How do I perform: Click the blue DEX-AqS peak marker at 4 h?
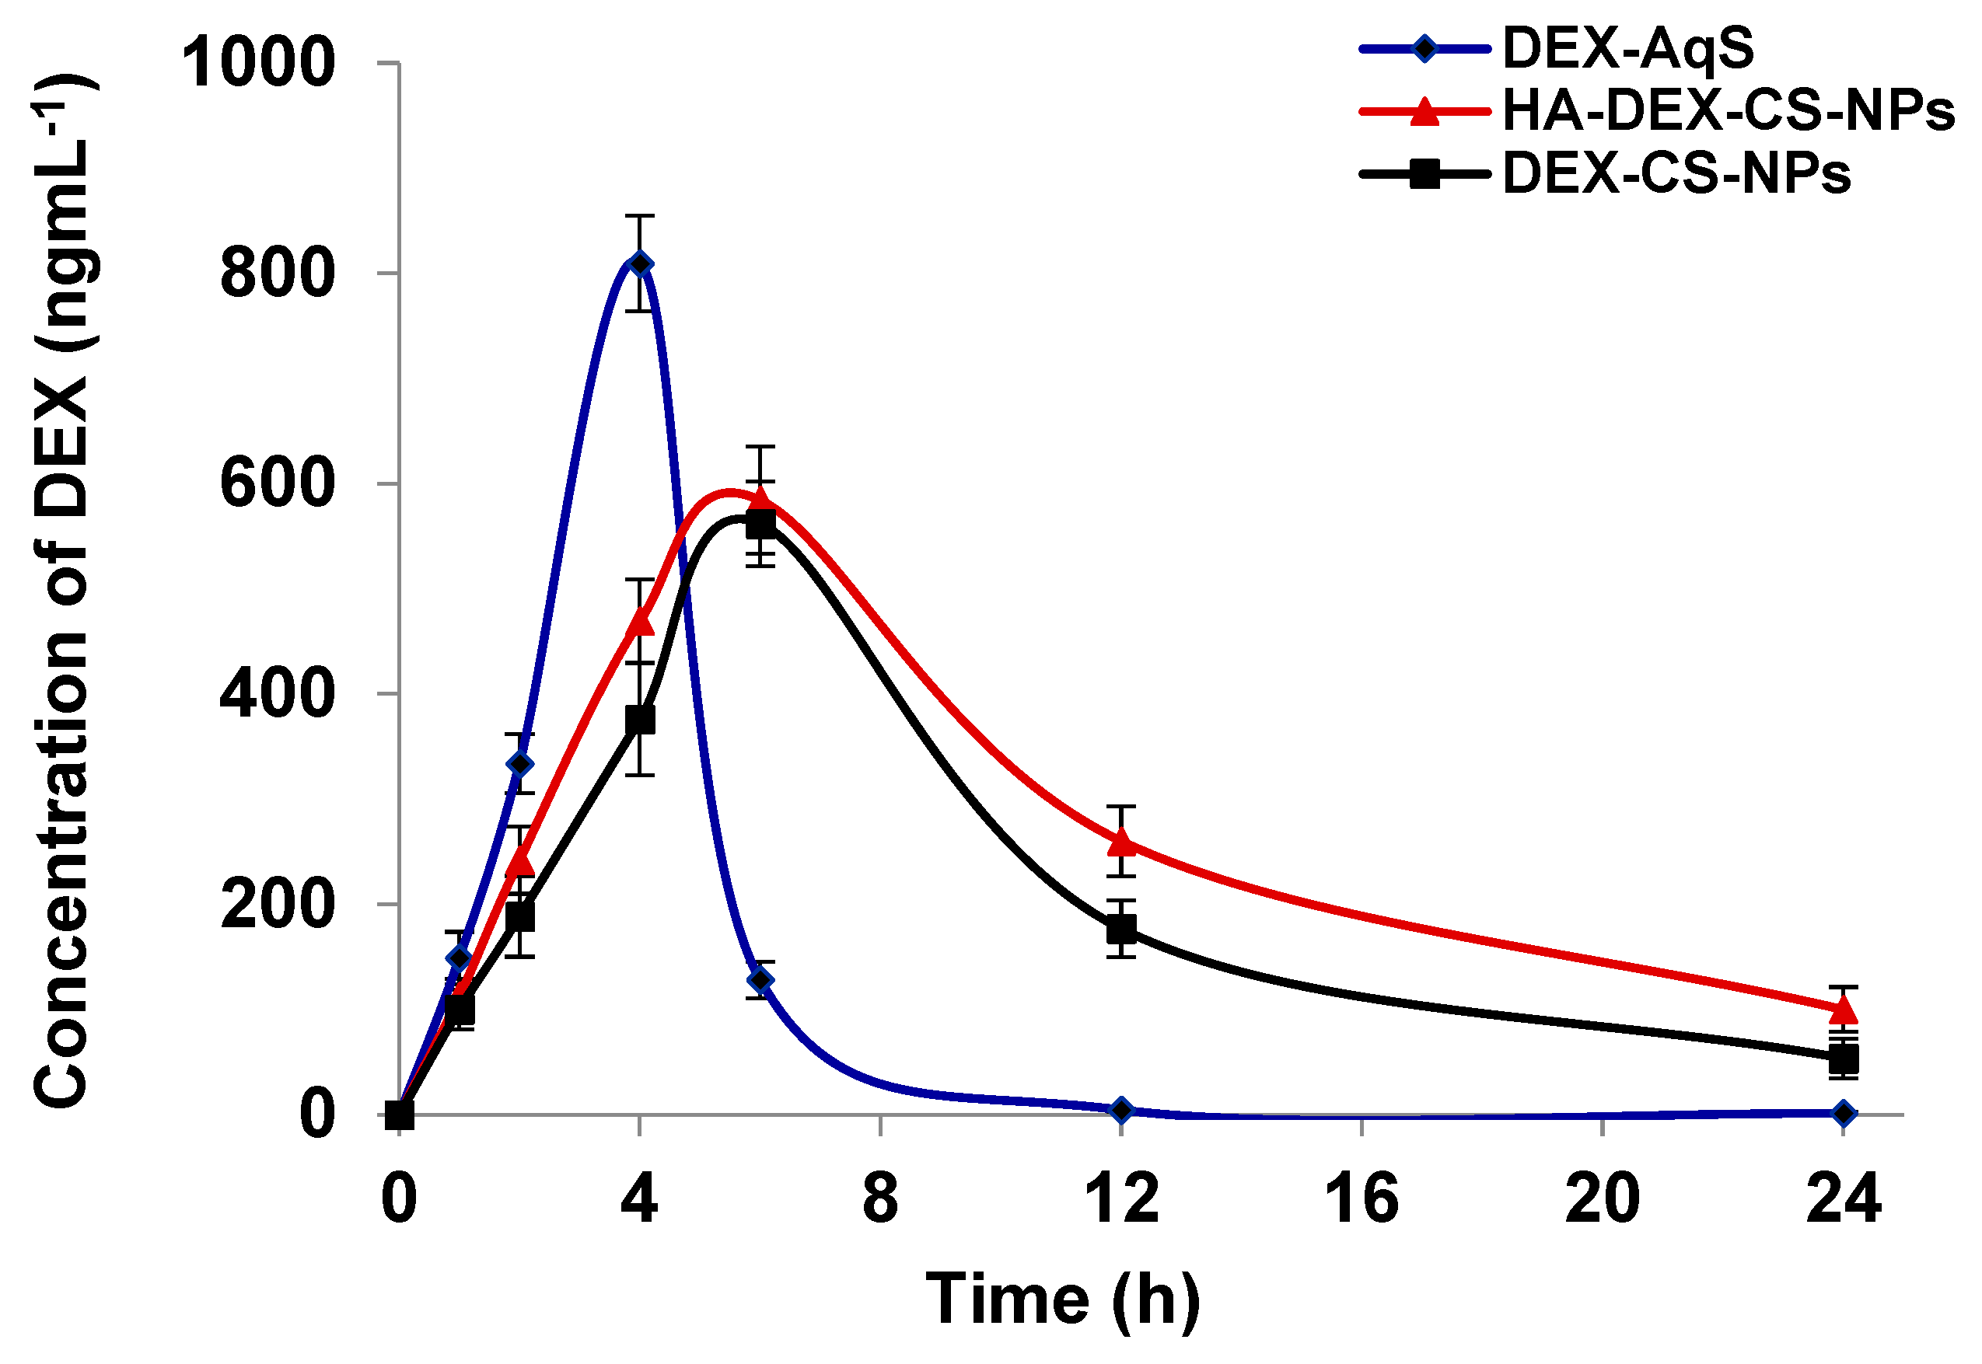[x=640, y=263]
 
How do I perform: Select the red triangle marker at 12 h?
[x=1122, y=842]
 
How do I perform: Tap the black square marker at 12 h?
[x=1122, y=928]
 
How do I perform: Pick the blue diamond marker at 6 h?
[x=760, y=980]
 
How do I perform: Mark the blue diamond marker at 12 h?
[x=1122, y=1110]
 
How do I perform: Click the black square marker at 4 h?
[x=640, y=720]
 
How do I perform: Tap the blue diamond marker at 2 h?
[x=520, y=764]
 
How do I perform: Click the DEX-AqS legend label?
[x=1628, y=48]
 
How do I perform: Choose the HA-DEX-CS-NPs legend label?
[x=1728, y=111]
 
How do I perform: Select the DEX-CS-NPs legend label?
[x=1676, y=174]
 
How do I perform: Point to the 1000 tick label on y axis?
[x=258, y=62]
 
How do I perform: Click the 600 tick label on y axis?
[x=276, y=483]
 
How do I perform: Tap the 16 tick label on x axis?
[x=1362, y=1199]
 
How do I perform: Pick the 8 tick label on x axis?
[x=880, y=1199]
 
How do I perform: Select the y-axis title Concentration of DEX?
[x=61, y=590]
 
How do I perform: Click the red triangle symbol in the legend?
[x=1424, y=112]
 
